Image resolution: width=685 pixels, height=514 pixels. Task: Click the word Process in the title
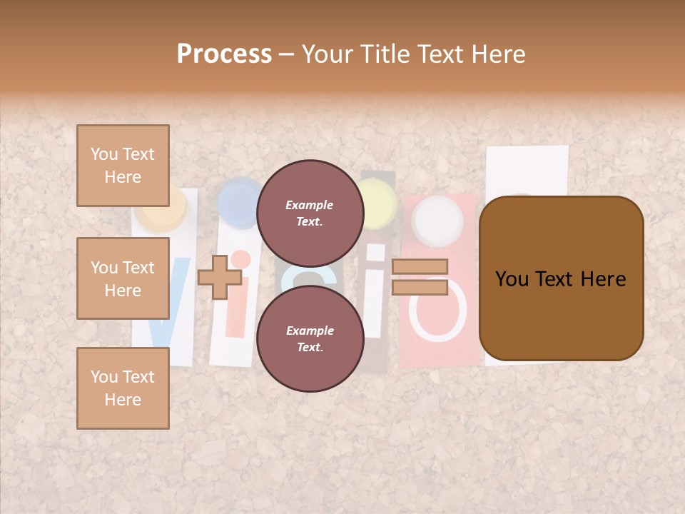pos(224,54)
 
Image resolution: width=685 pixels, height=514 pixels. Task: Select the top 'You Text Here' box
pos(123,166)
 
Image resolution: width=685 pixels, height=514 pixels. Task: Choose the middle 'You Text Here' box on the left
pos(123,278)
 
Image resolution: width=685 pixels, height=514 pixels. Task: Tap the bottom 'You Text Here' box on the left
pos(123,388)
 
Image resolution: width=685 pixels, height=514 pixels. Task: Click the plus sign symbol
pos(219,277)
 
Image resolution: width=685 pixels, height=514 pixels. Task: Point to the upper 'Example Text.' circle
pos(310,213)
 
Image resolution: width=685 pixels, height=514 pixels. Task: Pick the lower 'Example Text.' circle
pos(310,338)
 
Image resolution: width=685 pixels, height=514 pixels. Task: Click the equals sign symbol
pos(420,277)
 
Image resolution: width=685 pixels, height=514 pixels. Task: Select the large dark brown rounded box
pos(561,278)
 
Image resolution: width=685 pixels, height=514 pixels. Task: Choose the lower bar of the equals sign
pos(420,287)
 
